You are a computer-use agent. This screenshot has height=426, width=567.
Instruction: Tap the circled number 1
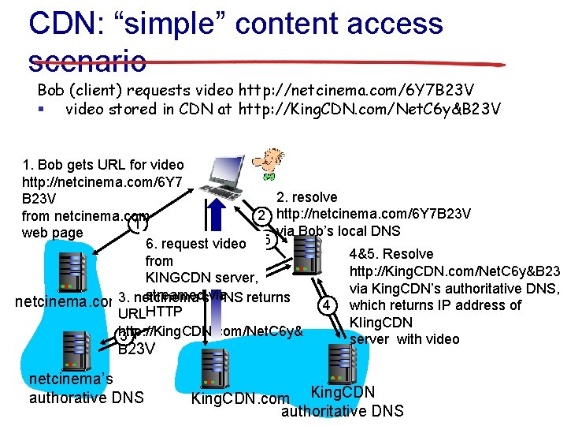click(x=136, y=224)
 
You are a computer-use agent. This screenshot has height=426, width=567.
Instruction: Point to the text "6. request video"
click(x=196, y=244)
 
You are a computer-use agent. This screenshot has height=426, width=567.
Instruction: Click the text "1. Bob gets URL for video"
click(x=103, y=165)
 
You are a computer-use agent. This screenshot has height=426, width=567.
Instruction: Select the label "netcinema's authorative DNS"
click(x=86, y=388)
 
